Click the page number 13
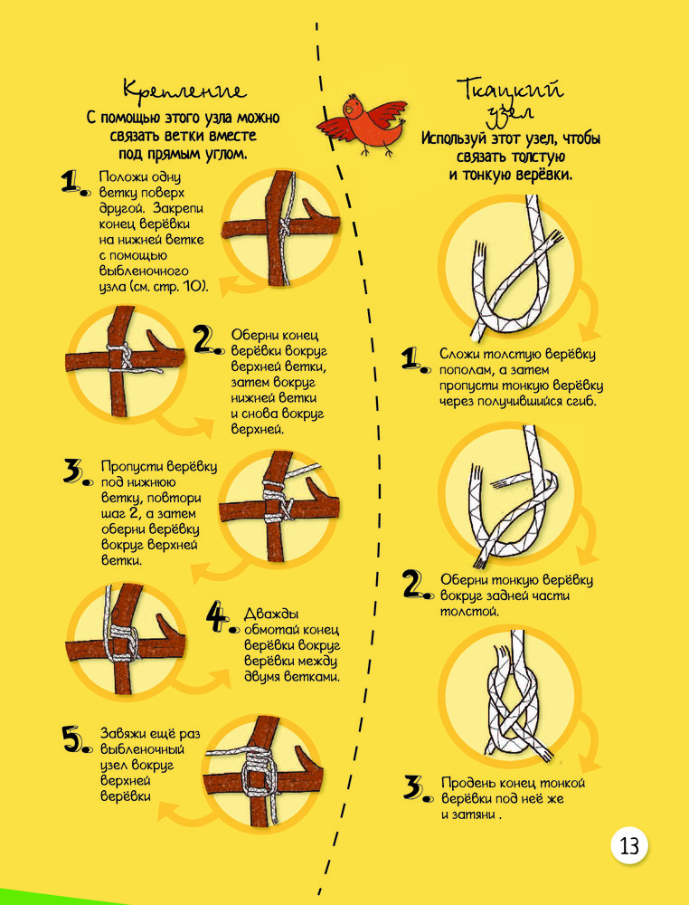pos(629,847)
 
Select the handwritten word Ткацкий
pos(511,89)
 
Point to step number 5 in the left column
pos(76,739)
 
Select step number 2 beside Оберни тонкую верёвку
pos(417,586)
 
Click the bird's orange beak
pos(345,112)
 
